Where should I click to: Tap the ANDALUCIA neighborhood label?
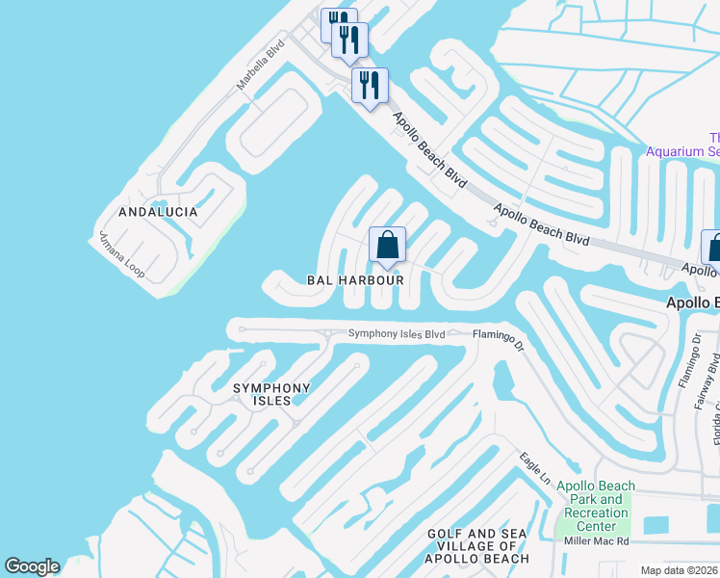click(x=158, y=212)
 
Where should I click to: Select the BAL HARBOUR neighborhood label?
click(x=354, y=279)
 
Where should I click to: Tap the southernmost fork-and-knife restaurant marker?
click(x=370, y=87)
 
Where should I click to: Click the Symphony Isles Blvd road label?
click(x=397, y=334)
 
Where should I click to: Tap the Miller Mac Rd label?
click(x=596, y=541)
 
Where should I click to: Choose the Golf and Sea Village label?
click(x=478, y=546)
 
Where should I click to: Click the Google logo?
click(x=32, y=566)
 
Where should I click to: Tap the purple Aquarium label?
click(x=682, y=144)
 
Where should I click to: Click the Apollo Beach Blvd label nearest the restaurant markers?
click(x=429, y=149)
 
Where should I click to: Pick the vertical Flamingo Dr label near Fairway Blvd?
click(x=685, y=367)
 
